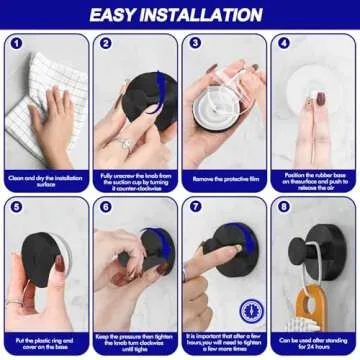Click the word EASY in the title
123,15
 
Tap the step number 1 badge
15,44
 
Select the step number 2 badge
105,44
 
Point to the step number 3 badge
194,44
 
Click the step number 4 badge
284,44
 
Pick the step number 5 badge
15,207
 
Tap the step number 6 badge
105,207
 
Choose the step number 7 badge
194,207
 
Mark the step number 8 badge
284,207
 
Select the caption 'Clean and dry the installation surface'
45,180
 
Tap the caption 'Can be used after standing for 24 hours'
314,341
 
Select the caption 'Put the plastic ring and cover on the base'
45,341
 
